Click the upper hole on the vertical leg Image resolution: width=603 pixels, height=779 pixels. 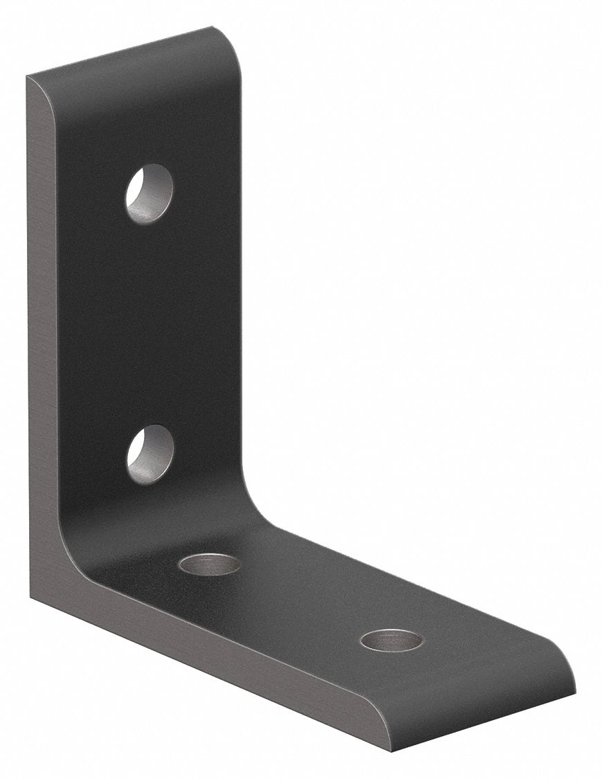click(149, 193)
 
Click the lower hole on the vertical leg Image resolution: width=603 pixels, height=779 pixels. click(150, 454)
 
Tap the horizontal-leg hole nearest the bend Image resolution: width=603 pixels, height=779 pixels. click(209, 564)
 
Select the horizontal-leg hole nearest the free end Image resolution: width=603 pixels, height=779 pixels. click(391, 640)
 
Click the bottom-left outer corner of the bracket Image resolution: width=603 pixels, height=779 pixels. click(33, 597)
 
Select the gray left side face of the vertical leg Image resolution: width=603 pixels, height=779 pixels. click(45, 346)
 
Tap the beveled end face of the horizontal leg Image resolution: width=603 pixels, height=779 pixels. click(485, 713)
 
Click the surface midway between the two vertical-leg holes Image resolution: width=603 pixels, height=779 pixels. click(150, 324)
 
